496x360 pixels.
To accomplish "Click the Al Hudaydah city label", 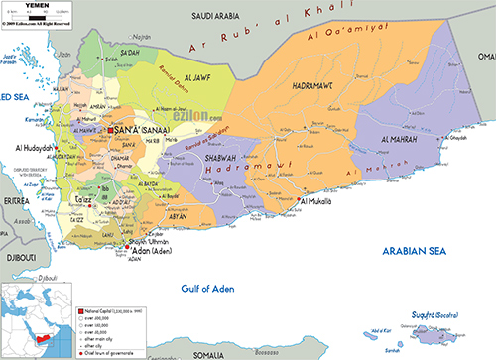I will tap(36, 149).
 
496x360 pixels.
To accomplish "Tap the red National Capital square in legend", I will tap(82, 310).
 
